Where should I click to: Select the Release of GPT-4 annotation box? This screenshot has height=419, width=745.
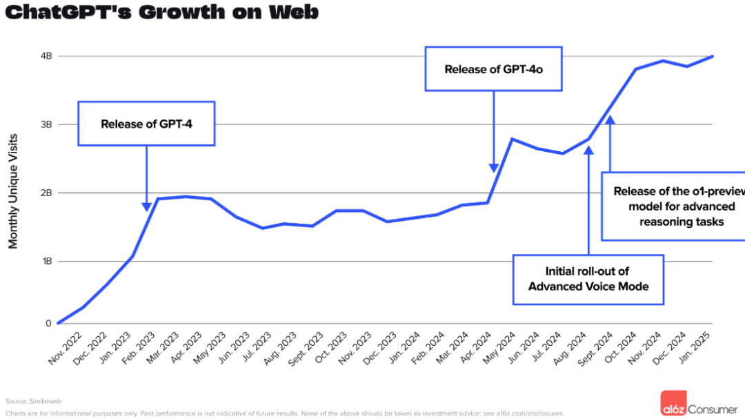[x=146, y=124]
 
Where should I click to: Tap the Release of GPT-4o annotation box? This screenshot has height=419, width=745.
[x=494, y=69]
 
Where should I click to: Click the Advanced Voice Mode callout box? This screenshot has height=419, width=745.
[x=588, y=280]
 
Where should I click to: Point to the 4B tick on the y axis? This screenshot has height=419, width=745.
[x=46, y=56]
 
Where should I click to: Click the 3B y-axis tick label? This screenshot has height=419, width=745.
[x=46, y=124]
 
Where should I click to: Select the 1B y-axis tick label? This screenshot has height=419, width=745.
[x=46, y=262]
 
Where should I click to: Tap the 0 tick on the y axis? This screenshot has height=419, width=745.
[x=48, y=323]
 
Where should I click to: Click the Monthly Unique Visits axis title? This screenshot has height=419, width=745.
[x=13, y=191]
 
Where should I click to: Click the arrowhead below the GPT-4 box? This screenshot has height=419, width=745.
[x=146, y=206]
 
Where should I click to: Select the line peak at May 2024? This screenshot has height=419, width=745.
[x=511, y=139]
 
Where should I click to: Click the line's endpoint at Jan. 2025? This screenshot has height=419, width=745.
[x=712, y=57]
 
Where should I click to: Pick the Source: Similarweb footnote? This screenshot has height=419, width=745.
[x=27, y=401]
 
